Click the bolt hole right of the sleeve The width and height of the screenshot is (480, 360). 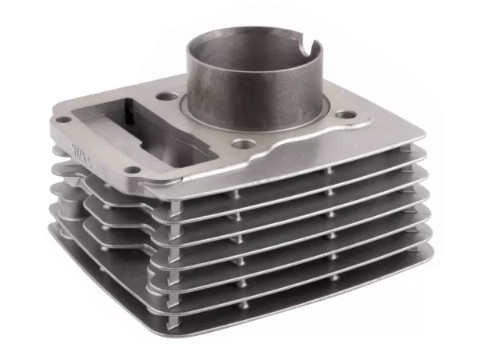[345, 116]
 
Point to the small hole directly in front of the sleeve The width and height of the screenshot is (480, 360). [240, 145]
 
